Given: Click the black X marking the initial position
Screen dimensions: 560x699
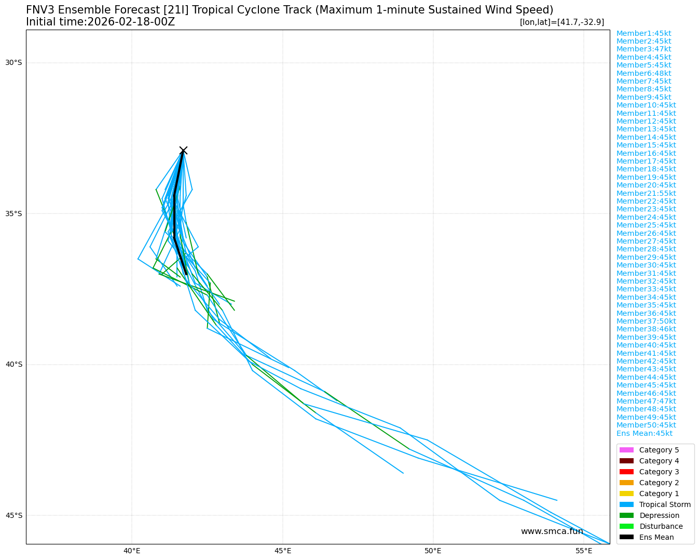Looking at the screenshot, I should [183, 151].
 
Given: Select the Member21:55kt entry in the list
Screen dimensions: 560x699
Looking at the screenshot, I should [646, 193].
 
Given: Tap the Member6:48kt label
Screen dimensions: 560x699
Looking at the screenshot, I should [643, 73].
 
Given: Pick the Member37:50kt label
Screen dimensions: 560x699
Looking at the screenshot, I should [646, 321].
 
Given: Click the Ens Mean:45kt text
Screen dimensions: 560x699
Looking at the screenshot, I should [644, 433].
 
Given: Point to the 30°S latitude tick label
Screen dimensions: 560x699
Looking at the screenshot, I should [13, 63].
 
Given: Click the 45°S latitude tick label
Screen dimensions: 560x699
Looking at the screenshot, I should [13, 515].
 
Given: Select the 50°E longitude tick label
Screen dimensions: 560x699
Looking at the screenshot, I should [433, 551].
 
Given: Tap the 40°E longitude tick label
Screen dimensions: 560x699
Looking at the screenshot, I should [132, 551].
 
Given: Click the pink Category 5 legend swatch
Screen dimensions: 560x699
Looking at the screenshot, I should [626, 450].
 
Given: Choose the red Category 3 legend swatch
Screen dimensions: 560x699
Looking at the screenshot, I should [626, 472].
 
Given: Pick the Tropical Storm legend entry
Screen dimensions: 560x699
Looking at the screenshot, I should [664, 504].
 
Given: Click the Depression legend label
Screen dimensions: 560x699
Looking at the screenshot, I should [659, 515].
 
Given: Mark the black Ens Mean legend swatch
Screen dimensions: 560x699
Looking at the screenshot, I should [626, 537].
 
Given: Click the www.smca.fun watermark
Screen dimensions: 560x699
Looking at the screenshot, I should [552, 531].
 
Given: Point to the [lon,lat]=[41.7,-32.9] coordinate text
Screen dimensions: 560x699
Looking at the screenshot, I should [561, 22].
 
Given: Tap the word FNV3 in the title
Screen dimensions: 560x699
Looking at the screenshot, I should [40, 10].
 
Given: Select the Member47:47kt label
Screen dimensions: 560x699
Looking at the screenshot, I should [646, 401].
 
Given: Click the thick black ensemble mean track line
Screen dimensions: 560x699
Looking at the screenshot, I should [175, 213].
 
